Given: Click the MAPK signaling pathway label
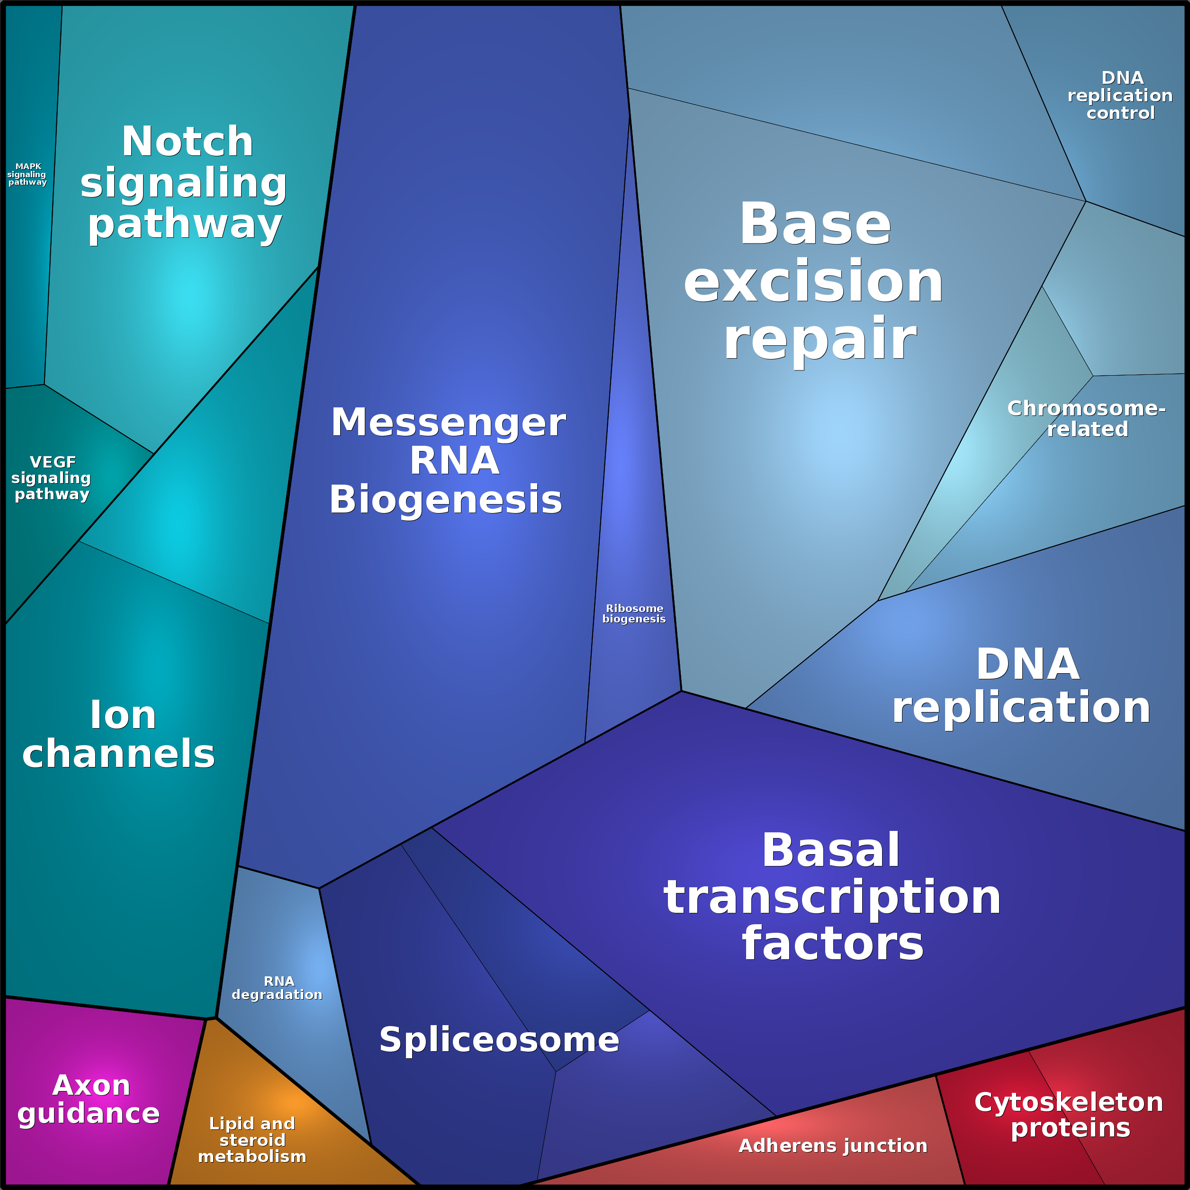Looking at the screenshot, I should (28, 174).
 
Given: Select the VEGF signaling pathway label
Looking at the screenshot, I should (52, 478).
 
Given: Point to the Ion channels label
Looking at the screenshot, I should (119, 734).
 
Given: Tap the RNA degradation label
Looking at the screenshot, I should (277, 988).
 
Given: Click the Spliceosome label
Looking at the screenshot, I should (499, 1040).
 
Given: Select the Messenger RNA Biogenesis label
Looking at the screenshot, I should (447, 461).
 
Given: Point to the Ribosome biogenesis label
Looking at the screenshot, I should (634, 613).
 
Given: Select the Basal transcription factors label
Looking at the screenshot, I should (832, 897).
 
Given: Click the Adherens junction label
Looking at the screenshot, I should (833, 1145).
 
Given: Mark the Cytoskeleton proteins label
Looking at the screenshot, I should (1069, 1115).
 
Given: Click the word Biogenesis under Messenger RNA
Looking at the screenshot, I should (446, 499).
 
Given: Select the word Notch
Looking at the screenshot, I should (187, 142).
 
